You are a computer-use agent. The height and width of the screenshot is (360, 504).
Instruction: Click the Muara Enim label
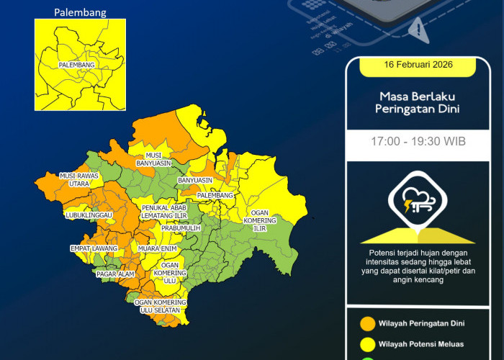[x=158, y=248]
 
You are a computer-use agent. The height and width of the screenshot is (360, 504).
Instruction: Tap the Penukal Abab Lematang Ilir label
[x=163, y=212]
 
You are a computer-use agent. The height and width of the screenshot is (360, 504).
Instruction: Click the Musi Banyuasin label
[x=153, y=159]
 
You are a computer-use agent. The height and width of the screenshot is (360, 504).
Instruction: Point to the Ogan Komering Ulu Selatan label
[x=161, y=306]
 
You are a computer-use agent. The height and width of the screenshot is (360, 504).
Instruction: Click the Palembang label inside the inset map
[x=79, y=66]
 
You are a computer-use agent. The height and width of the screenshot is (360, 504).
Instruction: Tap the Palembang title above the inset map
[x=80, y=12]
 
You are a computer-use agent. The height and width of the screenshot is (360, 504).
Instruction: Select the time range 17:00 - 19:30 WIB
[x=418, y=141]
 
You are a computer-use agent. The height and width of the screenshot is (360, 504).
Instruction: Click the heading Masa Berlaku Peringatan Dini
[x=417, y=102]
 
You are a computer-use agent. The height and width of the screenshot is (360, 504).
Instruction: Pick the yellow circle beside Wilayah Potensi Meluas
[x=367, y=345]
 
